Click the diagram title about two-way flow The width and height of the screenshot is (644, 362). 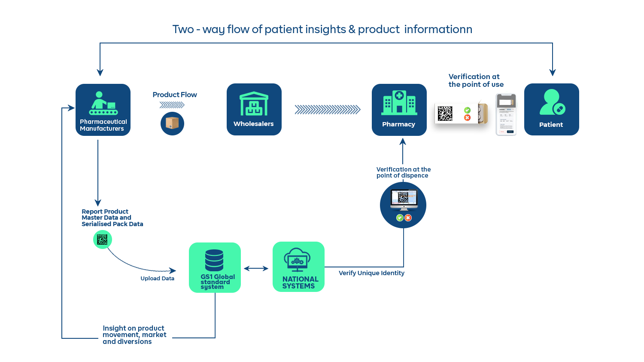322,30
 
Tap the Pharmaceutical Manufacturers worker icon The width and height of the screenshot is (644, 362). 103,103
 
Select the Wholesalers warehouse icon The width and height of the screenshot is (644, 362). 254,104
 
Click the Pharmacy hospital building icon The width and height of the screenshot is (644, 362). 399,103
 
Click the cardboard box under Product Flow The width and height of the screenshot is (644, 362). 172,123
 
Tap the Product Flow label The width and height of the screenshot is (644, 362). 175,95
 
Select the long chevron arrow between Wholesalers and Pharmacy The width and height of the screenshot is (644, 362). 328,110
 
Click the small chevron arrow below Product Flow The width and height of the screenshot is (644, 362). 172,105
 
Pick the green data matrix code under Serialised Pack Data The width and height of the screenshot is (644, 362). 102,239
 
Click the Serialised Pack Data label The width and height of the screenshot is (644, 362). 112,224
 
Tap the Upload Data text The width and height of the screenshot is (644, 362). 157,279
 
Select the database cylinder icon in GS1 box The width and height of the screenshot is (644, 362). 214,261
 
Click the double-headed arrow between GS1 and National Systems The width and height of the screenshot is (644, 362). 256,268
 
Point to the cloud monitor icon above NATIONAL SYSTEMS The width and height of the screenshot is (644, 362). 298,260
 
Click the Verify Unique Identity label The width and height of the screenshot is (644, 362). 371,273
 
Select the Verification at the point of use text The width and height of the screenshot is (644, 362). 476,80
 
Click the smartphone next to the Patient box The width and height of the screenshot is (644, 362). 507,114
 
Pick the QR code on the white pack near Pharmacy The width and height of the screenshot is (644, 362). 445,114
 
